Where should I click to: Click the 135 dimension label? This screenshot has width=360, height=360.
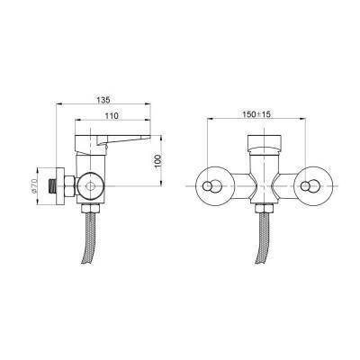click(103, 99)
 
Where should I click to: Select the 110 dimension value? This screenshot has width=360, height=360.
click(112, 115)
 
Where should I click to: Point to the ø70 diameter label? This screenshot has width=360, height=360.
click(33, 185)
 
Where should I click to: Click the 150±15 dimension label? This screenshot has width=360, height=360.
click(256, 114)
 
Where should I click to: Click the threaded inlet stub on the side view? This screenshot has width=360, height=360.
click(52, 186)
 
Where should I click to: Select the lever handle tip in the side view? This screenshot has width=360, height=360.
click(148, 138)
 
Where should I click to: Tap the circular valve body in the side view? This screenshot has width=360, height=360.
click(90, 186)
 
